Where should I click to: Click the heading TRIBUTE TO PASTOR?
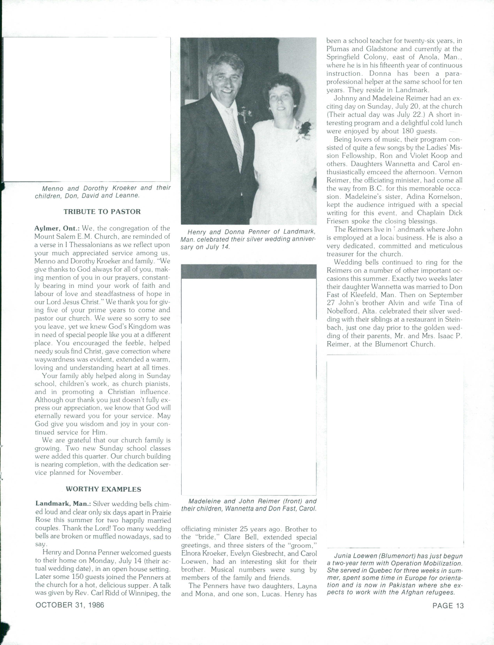pyautogui.click(x=102, y=212)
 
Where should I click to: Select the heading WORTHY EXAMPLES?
pyautogui.click(x=103, y=489)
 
